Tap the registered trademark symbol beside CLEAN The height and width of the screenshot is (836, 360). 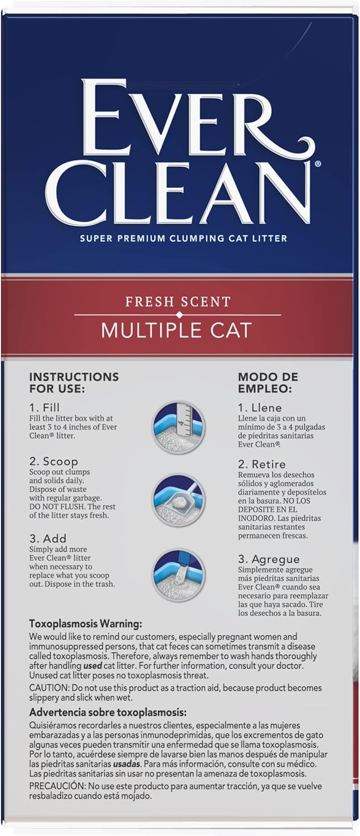(317, 164)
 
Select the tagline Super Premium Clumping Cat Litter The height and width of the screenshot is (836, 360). (183, 239)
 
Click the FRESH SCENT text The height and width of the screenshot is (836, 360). (178, 302)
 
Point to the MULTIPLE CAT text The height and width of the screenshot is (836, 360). (176, 330)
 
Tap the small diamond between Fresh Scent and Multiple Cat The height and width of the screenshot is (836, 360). (178, 315)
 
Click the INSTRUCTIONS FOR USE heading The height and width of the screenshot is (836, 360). (74, 382)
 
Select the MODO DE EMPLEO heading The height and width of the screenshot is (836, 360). (267, 382)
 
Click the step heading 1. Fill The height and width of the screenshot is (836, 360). (44, 407)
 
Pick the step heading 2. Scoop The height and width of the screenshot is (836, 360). (53, 461)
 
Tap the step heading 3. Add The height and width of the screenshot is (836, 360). (47, 538)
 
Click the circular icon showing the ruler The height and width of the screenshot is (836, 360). (179, 427)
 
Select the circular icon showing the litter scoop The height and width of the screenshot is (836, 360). (179, 500)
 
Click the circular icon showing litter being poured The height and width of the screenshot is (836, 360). (179, 575)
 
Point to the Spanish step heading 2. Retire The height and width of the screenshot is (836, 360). (261, 464)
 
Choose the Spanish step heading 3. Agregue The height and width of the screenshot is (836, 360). (269, 559)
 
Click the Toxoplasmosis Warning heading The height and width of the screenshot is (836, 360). (85, 624)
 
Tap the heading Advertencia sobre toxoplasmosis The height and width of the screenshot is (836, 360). (108, 712)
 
